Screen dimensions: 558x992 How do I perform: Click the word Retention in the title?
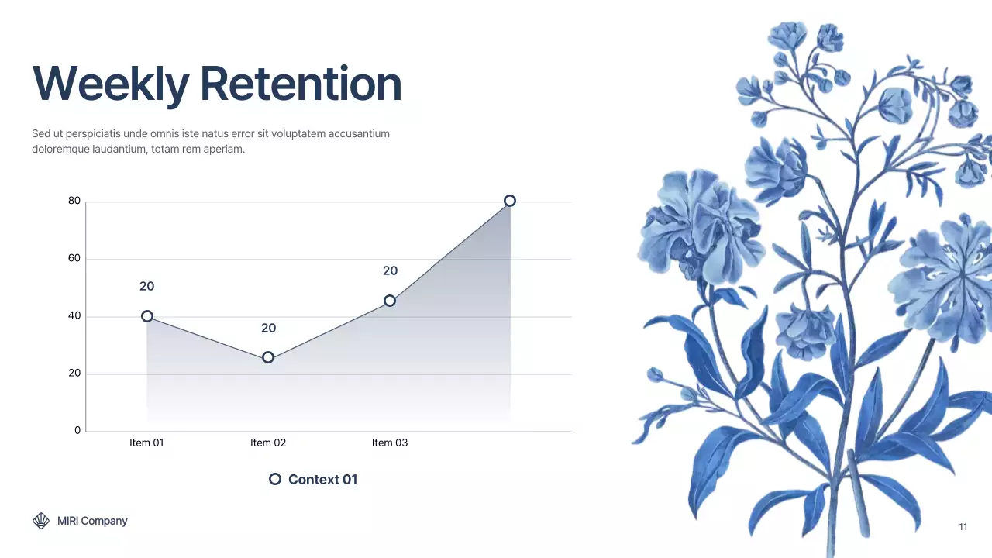click(x=301, y=84)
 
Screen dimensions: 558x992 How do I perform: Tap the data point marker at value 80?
click(x=509, y=201)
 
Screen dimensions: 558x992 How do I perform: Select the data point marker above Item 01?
click(x=147, y=316)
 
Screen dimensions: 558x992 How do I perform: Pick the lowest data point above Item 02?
click(x=268, y=357)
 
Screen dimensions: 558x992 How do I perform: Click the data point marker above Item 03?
click(x=390, y=301)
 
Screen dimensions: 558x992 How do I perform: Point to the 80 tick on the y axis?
click(x=74, y=201)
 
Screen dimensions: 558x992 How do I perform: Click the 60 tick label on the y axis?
click(x=74, y=258)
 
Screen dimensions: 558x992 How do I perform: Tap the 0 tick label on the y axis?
click(x=77, y=430)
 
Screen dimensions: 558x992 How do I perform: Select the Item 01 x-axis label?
click(x=146, y=443)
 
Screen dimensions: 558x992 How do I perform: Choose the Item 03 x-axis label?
click(x=390, y=443)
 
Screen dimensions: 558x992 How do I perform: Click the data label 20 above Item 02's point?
click(x=268, y=328)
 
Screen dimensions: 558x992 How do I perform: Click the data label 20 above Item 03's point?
click(x=390, y=270)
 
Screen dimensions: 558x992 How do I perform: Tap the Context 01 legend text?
click(x=322, y=479)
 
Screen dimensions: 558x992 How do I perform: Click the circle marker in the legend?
click(x=274, y=479)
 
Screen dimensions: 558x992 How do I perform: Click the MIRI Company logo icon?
click(x=41, y=521)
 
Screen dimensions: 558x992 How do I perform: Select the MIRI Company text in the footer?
click(x=92, y=521)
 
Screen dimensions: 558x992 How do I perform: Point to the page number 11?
click(x=963, y=527)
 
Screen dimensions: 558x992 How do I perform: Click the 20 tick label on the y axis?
click(x=74, y=373)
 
